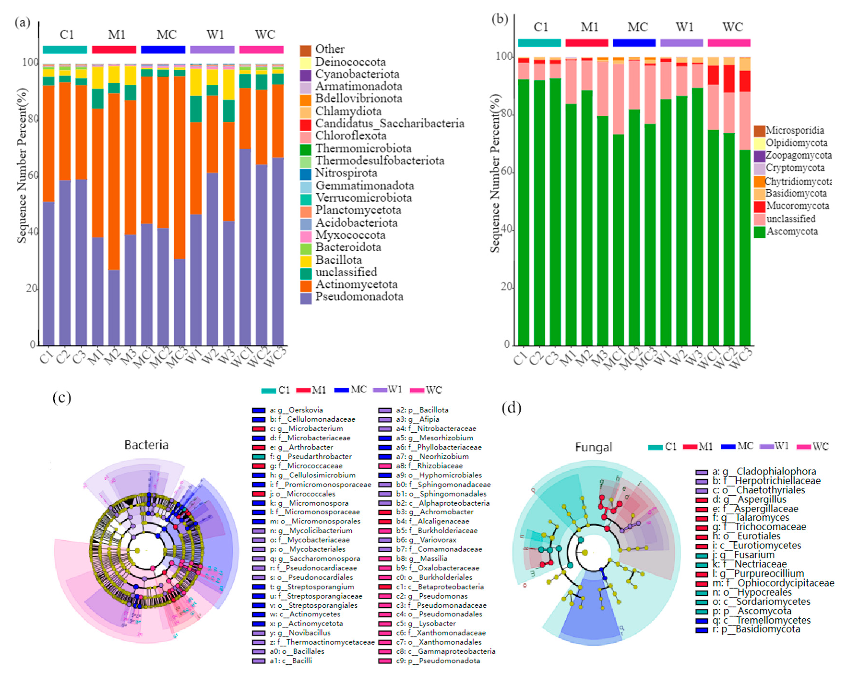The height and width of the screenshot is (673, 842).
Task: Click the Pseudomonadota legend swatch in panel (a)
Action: (x=306, y=298)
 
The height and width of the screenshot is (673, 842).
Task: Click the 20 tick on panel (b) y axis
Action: (x=506, y=287)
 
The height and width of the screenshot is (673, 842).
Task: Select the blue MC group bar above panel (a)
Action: (x=163, y=50)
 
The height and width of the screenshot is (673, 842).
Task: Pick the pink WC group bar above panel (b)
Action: (x=729, y=42)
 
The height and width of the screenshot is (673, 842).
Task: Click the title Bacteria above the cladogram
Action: (x=147, y=445)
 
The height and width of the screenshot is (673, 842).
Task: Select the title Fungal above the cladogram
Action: (x=593, y=447)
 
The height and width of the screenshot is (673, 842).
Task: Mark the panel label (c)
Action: (x=62, y=398)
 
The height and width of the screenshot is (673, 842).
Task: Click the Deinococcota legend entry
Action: (x=350, y=62)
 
